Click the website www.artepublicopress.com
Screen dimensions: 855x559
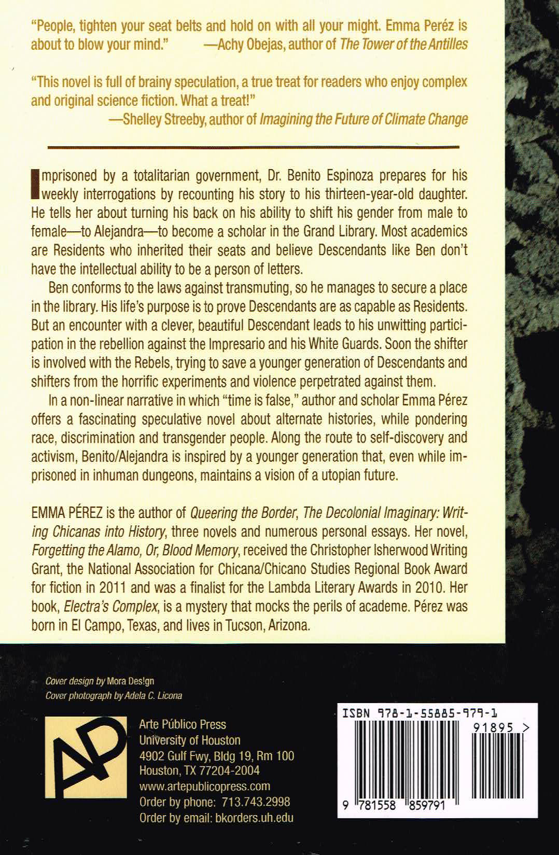point(204,786)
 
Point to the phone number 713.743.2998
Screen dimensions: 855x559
point(256,802)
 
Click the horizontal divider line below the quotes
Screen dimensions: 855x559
point(253,147)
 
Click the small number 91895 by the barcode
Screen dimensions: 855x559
point(493,728)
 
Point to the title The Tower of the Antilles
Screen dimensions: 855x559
point(403,44)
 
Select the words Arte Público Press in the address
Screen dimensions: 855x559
point(183,724)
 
